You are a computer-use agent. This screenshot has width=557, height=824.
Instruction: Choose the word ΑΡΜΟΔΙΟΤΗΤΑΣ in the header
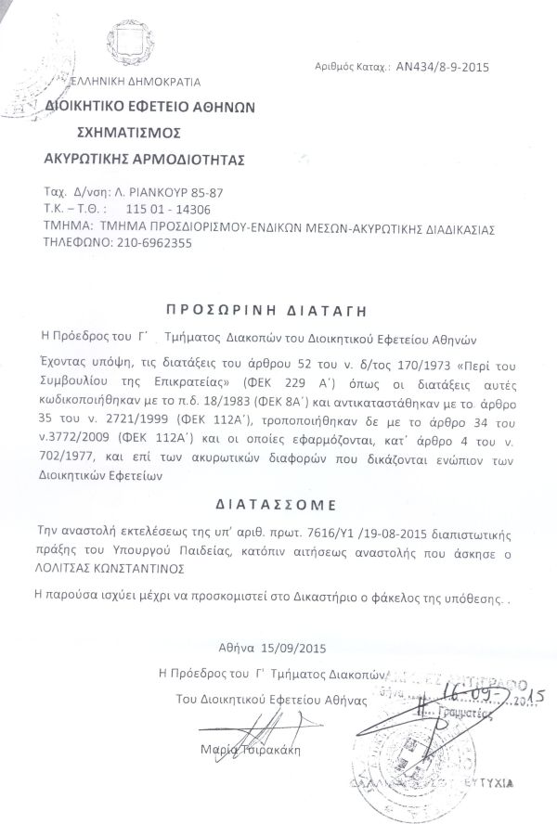coord(190,159)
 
